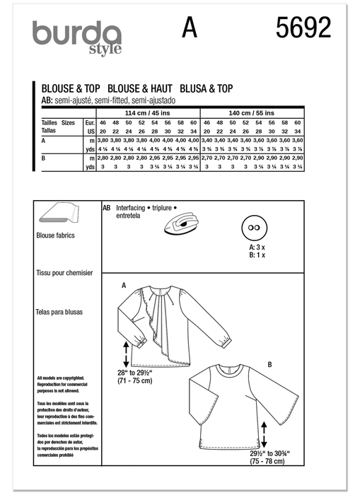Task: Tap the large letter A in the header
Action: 188,28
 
